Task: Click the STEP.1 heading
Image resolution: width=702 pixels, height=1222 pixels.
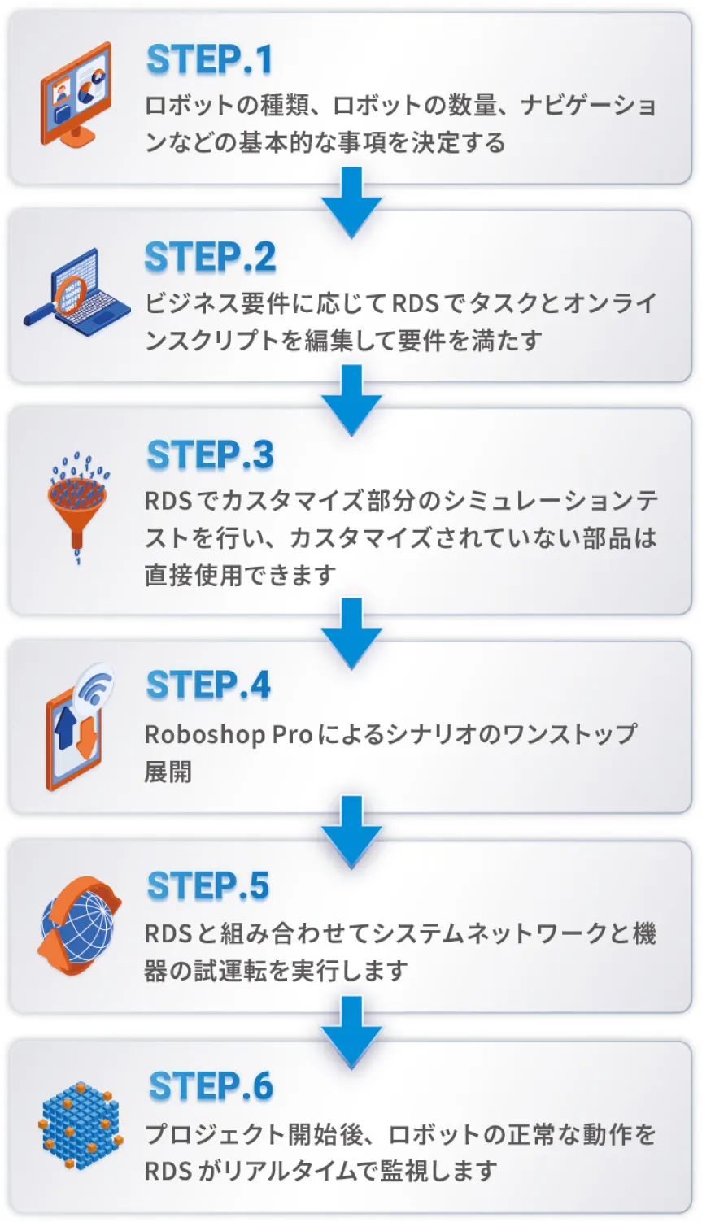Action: click(209, 60)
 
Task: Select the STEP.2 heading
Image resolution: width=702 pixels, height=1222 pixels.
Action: click(210, 258)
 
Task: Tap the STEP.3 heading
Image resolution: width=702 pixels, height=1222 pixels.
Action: click(210, 455)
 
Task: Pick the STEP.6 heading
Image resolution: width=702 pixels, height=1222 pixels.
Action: click(211, 1086)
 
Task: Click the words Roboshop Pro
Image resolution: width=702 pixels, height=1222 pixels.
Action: click(228, 734)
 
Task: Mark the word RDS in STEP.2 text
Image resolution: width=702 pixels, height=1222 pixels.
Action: click(416, 303)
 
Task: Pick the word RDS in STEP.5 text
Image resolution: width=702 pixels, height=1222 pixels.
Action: click(168, 933)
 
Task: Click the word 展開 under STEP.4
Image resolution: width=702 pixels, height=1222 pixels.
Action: click(168, 771)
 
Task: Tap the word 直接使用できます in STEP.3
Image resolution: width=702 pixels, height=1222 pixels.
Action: click(240, 575)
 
